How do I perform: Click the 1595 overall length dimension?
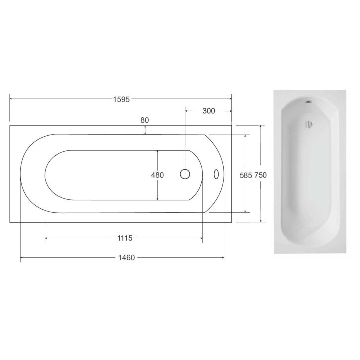121,99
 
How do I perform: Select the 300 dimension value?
209,111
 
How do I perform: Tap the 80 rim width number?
145,120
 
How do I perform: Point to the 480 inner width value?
157,175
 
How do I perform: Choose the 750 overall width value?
261,175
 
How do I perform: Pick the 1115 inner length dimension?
125,238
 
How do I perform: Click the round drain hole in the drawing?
185,174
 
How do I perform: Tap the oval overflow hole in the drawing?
216,174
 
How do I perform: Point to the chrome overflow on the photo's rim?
308,102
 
